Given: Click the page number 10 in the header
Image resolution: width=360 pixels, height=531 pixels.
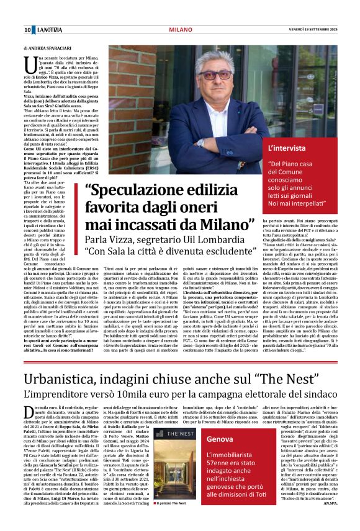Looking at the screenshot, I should tap(28, 30).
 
